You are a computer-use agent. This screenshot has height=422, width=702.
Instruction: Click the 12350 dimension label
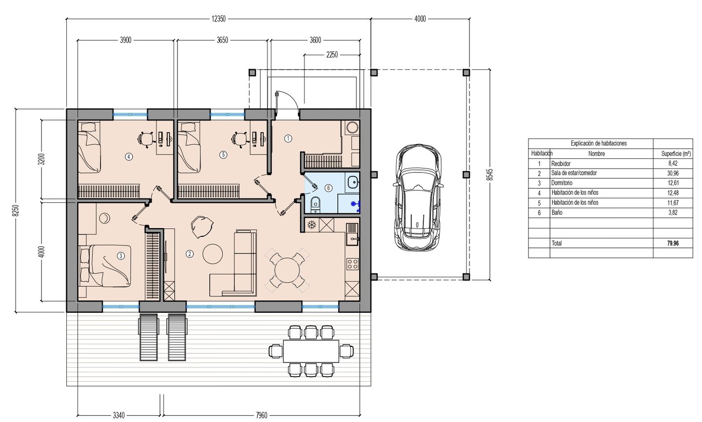coord(218,19)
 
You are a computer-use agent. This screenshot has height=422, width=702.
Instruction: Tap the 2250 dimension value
coord(332,55)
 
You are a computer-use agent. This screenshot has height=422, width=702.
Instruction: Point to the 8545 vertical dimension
coord(490,174)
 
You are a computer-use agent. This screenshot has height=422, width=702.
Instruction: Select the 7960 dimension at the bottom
coord(261,415)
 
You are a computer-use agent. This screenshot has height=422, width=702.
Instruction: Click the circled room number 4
coord(129,156)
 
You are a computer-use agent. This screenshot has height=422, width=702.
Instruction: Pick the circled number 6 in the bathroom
coord(328,188)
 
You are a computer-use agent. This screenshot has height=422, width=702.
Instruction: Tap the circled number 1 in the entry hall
coord(288,138)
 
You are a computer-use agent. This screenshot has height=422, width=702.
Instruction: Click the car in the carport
coord(418,197)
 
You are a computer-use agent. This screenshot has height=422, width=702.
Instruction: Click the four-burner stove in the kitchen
coord(352,264)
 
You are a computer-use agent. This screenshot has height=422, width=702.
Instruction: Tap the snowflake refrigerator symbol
coord(312,225)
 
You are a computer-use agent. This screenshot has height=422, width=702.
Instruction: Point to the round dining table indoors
coord(287,270)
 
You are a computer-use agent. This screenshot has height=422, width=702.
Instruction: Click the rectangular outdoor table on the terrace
coord(311,351)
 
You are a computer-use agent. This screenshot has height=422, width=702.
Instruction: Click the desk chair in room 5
coord(239,138)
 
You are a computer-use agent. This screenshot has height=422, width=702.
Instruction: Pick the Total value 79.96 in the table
coord(673,243)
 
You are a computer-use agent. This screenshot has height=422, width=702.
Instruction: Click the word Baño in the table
coord(557,212)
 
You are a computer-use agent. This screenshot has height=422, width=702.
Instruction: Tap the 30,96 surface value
coord(673,173)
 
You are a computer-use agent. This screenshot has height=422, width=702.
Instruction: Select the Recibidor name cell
coord(561,164)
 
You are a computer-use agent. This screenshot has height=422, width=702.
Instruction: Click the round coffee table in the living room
coord(213,254)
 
